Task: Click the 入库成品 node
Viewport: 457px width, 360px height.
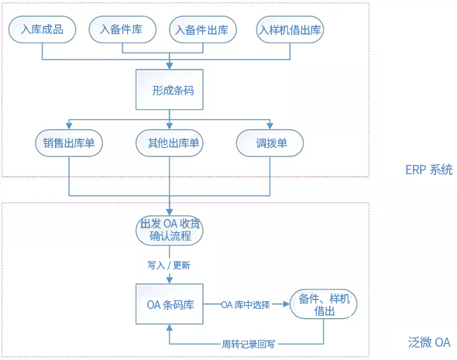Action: pos(43,29)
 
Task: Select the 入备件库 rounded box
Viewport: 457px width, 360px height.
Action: pos(122,29)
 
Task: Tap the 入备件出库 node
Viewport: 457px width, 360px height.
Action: pos(203,29)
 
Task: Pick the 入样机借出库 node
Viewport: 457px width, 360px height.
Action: pos(290,29)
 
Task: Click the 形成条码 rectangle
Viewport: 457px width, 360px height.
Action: pos(170,90)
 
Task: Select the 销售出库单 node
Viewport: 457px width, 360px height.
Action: pos(69,143)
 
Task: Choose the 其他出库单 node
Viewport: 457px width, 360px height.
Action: pos(170,143)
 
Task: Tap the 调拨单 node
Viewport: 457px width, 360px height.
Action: pos(270,143)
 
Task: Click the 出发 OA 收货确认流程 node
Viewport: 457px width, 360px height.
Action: pos(170,230)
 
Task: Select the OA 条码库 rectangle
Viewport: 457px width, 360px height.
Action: pos(170,304)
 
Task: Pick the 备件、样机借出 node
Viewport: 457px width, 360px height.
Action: pos(324,304)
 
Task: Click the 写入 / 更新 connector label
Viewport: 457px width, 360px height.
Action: pos(169,266)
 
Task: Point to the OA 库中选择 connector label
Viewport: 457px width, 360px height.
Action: pos(246,305)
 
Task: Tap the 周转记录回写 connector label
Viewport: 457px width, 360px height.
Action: pos(249,345)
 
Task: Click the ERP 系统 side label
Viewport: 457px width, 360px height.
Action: pos(429,170)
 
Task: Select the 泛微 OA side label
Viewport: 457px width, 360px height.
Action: pos(429,342)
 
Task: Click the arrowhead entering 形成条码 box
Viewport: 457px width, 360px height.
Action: pos(170,66)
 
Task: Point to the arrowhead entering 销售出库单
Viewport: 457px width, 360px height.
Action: pos(69,126)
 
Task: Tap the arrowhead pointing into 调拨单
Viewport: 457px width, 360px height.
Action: pos(270,126)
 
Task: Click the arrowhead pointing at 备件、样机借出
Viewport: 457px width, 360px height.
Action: pos(287,304)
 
